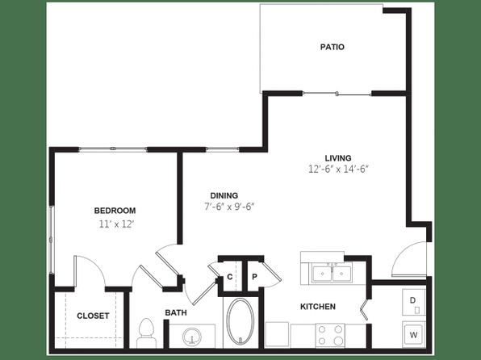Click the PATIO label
pyautogui.click(x=333, y=47)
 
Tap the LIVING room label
pyautogui.click(x=338, y=158)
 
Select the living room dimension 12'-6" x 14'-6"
pyautogui.click(x=338, y=170)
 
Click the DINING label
pyautogui.click(x=224, y=195)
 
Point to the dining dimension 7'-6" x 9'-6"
pyautogui.click(x=229, y=207)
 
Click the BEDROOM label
pyautogui.click(x=115, y=211)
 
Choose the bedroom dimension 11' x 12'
pyautogui.click(x=117, y=224)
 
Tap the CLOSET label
pyautogui.click(x=93, y=316)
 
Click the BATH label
pyautogui.click(x=176, y=312)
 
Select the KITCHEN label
pyautogui.click(x=318, y=307)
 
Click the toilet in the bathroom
pyautogui.click(x=146, y=333)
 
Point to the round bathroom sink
pyautogui.click(x=192, y=337)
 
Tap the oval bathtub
pyautogui.click(x=240, y=321)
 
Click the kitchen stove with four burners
pyautogui.click(x=330, y=335)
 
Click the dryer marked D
pyautogui.click(x=414, y=302)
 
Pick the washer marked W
pyautogui.click(x=414, y=335)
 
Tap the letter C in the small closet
pyautogui.click(x=230, y=277)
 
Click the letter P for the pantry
pyautogui.click(x=254, y=277)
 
